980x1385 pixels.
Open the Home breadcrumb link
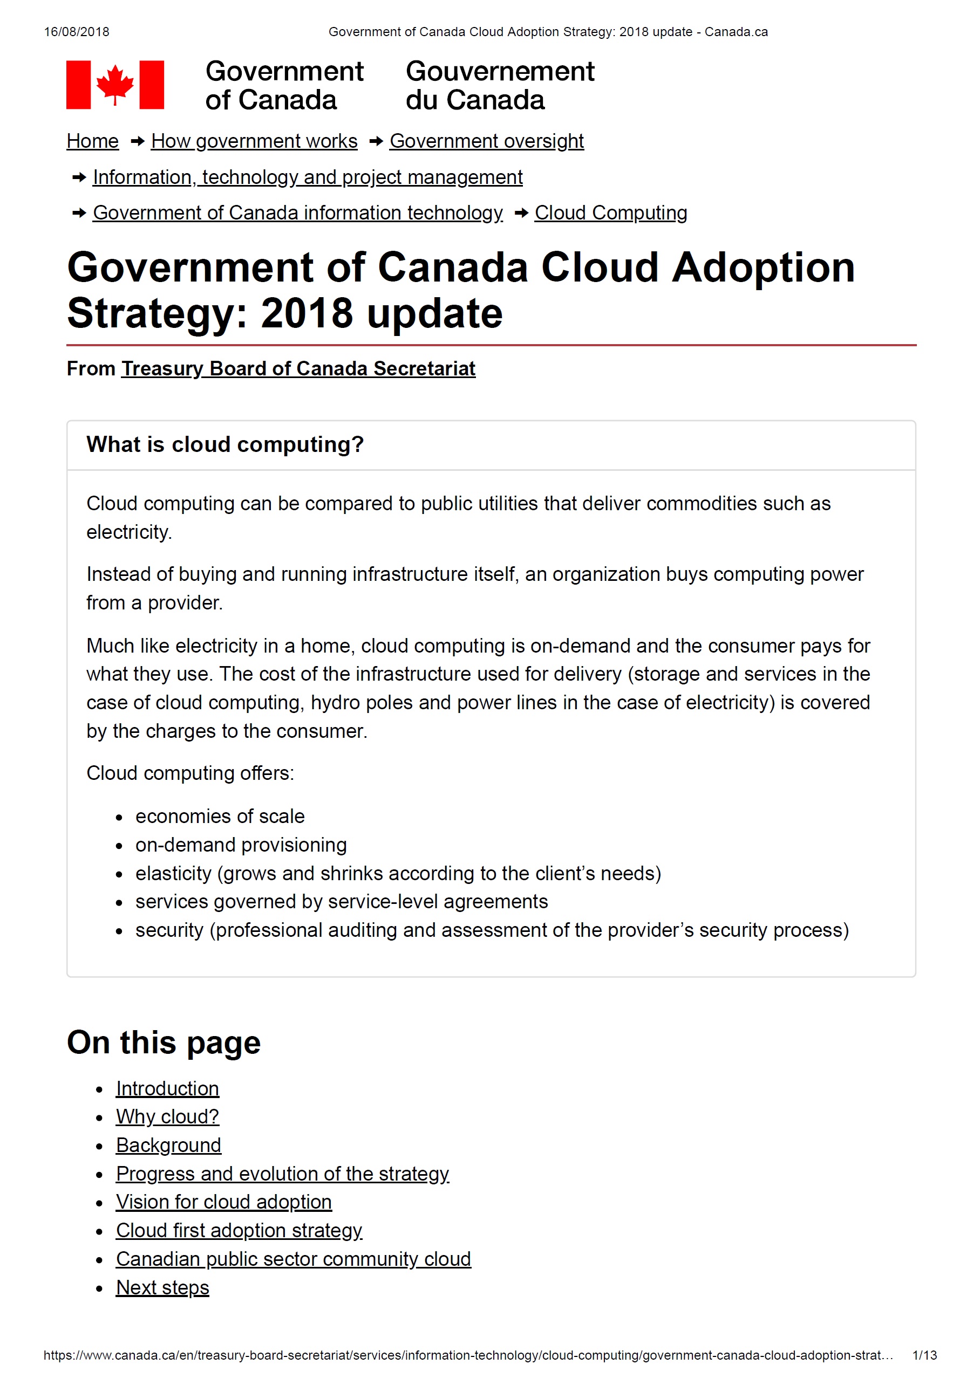point(92,141)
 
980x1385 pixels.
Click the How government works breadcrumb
point(254,141)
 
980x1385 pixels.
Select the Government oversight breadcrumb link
point(486,141)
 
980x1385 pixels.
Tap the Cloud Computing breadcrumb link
point(611,213)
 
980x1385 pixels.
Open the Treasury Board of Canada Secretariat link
point(298,368)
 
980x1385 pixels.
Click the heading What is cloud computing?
point(225,444)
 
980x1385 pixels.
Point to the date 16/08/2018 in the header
point(77,32)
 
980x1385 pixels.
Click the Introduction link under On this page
point(167,1089)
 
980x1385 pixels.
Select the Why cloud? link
point(167,1117)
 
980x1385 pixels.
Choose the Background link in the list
point(168,1146)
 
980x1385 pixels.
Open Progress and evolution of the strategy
point(282,1174)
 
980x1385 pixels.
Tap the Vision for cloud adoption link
point(224,1202)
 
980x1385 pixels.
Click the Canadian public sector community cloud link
point(293,1259)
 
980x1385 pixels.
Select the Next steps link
point(162,1288)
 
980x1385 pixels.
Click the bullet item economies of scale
point(220,817)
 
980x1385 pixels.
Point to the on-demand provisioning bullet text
point(241,845)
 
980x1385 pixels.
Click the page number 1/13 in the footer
point(924,1355)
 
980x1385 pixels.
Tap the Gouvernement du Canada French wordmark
point(500,86)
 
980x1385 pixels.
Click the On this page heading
point(164,1043)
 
